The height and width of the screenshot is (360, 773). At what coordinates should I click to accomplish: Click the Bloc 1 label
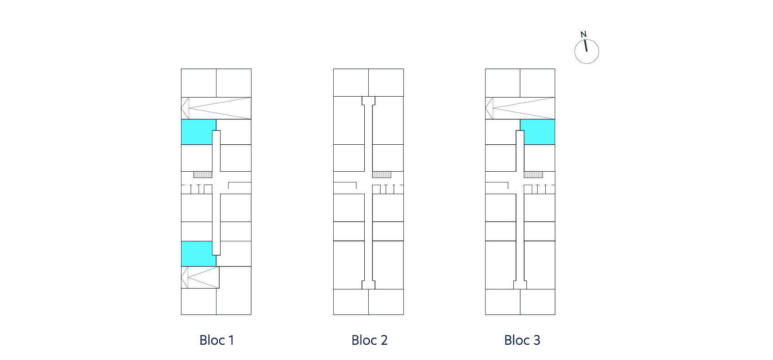(216, 340)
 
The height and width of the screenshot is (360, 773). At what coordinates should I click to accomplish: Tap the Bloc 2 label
(369, 340)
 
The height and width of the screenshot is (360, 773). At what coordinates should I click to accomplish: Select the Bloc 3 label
(522, 340)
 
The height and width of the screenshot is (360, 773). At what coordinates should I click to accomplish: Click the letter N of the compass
(583, 34)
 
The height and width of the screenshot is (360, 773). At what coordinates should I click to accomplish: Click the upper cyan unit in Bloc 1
(197, 132)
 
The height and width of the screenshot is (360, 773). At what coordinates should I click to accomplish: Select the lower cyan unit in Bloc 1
(197, 254)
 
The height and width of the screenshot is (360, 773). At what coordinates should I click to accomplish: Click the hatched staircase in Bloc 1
(203, 174)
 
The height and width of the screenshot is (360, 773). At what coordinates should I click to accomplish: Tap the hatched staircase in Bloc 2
(382, 174)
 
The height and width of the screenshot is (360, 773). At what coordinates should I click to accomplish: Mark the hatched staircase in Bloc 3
(534, 174)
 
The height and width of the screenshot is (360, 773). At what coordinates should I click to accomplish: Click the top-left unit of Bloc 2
(351, 83)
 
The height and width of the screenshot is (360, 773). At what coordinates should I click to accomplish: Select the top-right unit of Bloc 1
(234, 83)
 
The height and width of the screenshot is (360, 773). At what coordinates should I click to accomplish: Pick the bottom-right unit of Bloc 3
(538, 302)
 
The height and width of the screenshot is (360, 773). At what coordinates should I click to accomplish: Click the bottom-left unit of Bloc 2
(351, 302)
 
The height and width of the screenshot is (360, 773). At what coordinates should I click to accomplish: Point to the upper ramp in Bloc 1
(216, 108)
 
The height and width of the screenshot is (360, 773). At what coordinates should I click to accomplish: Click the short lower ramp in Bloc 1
(200, 277)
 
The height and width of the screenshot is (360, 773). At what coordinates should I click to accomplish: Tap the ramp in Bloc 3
(520, 108)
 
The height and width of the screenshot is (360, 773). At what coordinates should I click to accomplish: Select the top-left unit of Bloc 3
(503, 83)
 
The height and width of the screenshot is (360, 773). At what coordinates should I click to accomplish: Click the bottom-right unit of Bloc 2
(386, 302)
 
